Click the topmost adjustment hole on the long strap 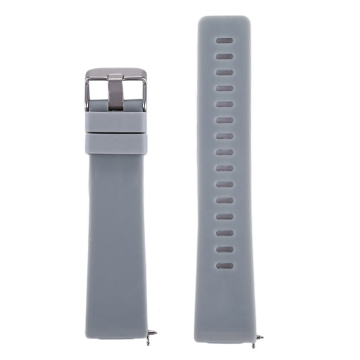coord(225,41)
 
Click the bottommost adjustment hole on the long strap coord(225,265)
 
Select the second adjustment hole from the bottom coord(225,249)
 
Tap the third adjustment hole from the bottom coord(225,233)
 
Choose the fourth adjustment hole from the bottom coord(225,217)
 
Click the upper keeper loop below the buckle coord(115,121)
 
